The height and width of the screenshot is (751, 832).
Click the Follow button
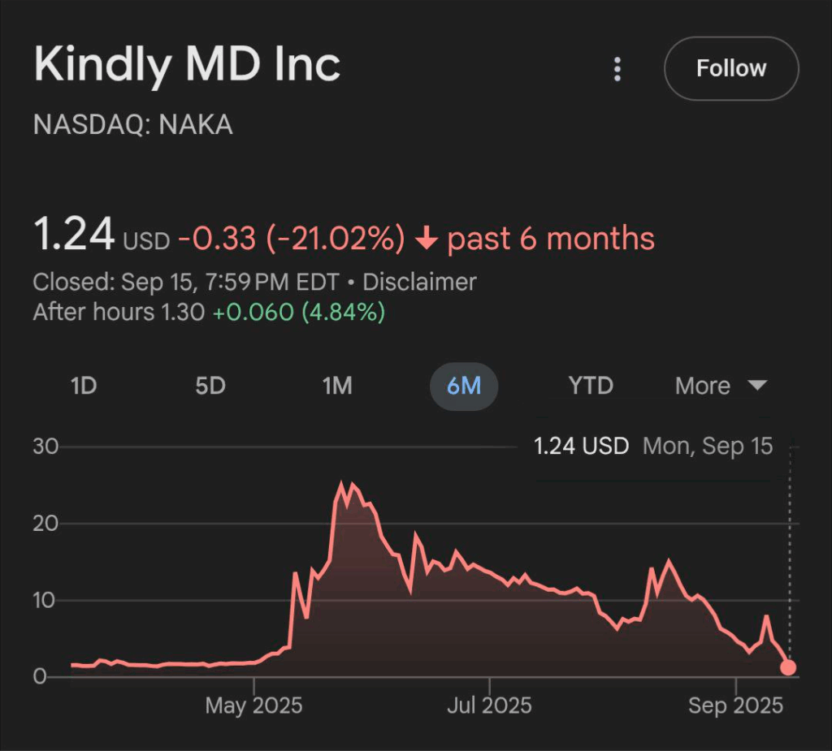click(x=731, y=68)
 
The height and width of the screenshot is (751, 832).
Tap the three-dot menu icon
click(x=617, y=69)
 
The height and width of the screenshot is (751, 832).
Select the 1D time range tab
click(x=84, y=386)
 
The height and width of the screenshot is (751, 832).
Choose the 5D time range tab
click(x=210, y=386)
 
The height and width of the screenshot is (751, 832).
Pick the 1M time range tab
click(x=337, y=386)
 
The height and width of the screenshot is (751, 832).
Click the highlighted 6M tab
click(x=464, y=386)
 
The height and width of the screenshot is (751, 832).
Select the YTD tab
click(x=591, y=386)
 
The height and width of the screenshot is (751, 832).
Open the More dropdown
click(x=720, y=386)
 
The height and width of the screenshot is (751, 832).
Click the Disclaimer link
click(x=419, y=283)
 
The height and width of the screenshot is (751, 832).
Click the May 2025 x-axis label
click(x=253, y=706)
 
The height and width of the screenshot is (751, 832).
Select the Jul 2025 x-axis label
click(x=489, y=706)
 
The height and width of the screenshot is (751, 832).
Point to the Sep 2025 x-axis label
click(x=735, y=706)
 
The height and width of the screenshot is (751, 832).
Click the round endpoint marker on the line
click(x=788, y=668)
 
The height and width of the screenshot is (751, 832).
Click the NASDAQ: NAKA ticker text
click(x=132, y=125)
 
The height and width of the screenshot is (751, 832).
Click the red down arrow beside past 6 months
click(x=427, y=239)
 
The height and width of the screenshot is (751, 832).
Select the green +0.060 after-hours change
click(x=253, y=312)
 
